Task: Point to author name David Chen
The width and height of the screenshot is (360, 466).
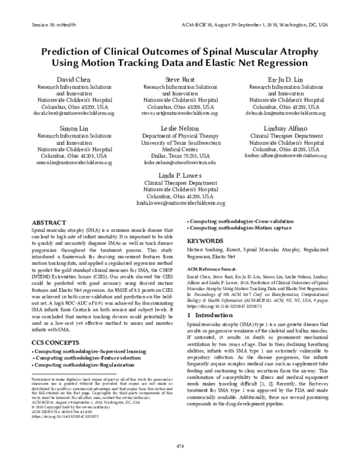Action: pyautogui.click(x=74, y=79)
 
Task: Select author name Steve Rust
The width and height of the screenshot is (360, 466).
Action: pyautogui.click(x=180, y=79)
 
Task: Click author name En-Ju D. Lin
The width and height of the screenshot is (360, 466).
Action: pyautogui.click(x=286, y=79)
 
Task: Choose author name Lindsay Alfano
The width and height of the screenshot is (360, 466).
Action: pyautogui.click(x=286, y=129)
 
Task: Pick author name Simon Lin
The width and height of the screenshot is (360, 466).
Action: pyautogui.click(x=74, y=129)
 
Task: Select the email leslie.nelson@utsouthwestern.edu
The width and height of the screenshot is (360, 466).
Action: pyautogui.click(x=179, y=162)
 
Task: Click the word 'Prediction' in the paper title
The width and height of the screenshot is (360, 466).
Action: pyautogui.click(x=70, y=50)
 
